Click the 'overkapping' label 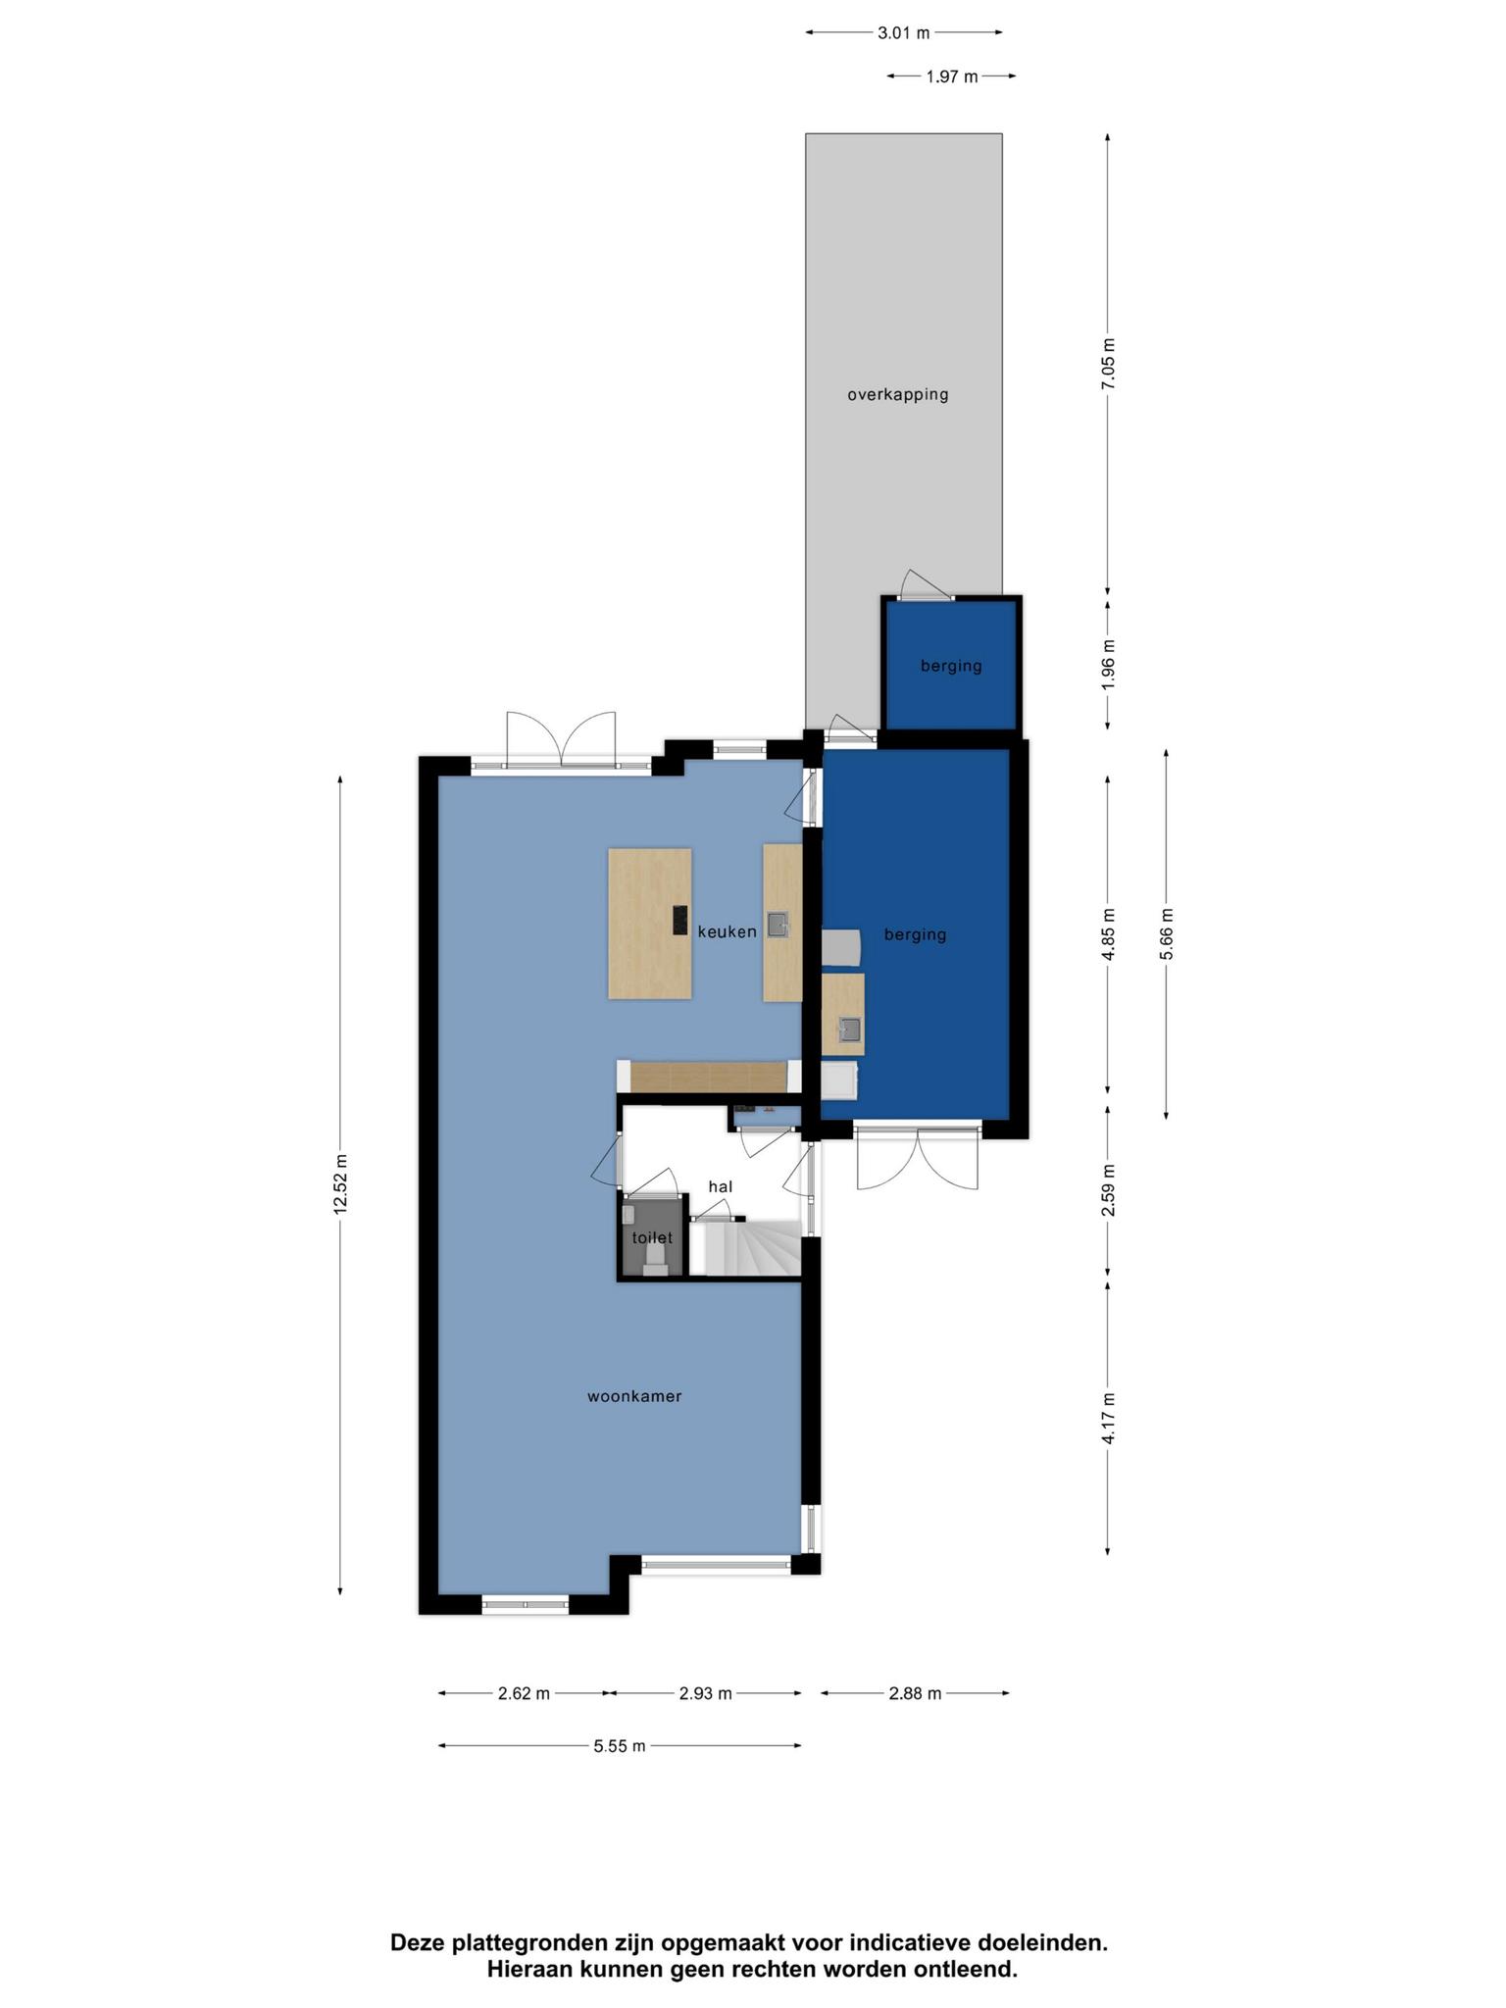(898, 395)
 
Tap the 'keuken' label (728, 931)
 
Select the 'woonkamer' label (634, 1396)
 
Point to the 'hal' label (721, 1186)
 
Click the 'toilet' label (652, 1238)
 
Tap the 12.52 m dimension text (340, 1183)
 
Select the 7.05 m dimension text (1108, 364)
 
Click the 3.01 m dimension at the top (903, 32)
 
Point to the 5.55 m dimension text (620, 1746)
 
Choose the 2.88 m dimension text (915, 1693)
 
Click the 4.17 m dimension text (1108, 1419)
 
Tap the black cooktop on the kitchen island (680, 920)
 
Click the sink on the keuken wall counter (778, 925)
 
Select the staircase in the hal (745, 1247)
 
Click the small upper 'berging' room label (951, 667)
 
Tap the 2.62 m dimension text (524, 1693)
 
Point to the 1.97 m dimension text (952, 76)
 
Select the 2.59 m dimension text (1108, 1190)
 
